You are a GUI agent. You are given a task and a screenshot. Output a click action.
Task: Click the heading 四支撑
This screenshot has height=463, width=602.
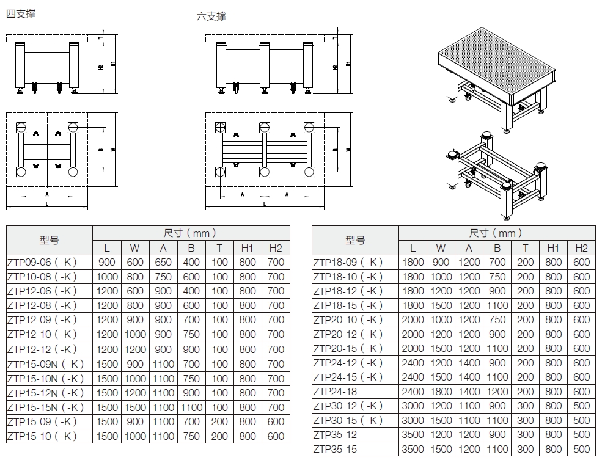point(20,13)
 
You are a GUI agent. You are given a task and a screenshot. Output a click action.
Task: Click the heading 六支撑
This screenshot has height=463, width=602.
point(211,16)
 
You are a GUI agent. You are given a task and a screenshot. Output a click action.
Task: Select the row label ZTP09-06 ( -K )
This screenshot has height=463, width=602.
point(42,262)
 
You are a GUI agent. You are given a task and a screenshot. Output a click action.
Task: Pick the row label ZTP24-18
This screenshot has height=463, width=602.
point(335,392)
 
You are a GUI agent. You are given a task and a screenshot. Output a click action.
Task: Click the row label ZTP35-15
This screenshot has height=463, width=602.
point(335,449)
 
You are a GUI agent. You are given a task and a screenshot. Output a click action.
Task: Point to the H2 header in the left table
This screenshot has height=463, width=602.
point(276,247)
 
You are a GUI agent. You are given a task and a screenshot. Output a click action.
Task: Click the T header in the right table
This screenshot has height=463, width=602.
point(525,247)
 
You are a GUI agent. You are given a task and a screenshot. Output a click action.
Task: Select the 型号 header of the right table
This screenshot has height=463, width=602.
point(355,240)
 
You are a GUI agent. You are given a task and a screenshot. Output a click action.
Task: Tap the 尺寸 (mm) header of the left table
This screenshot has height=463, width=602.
point(191,233)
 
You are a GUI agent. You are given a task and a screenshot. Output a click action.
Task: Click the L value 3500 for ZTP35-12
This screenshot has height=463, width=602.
point(413,434)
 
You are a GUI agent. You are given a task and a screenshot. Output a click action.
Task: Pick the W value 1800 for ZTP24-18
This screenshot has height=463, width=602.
point(441,392)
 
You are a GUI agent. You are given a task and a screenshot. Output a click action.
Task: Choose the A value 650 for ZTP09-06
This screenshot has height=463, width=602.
point(163,262)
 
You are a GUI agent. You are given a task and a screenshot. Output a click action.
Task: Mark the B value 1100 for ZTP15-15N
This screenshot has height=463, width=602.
point(191,407)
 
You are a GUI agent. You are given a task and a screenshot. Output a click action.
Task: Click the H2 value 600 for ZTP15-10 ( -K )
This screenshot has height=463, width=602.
point(276,437)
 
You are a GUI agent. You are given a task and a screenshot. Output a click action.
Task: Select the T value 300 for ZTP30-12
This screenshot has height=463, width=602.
point(525,406)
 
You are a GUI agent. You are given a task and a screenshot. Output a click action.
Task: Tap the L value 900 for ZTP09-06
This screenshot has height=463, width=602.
point(107,262)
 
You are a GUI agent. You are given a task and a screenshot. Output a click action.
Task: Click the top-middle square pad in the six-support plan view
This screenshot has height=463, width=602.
point(265,128)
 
